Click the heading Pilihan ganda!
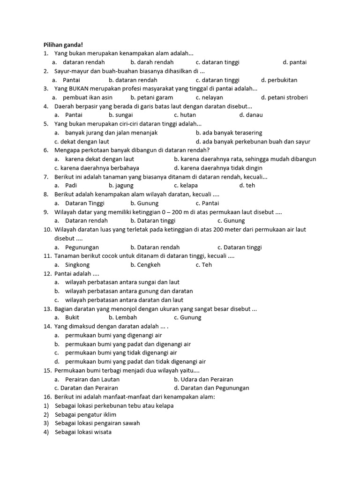click(x=63, y=45)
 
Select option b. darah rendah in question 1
click(x=152, y=62)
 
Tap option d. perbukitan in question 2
click(x=279, y=80)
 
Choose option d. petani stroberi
click(x=284, y=97)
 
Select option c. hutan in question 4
click(x=185, y=115)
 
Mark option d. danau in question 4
click(x=251, y=115)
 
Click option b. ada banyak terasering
click(x=229, y=133)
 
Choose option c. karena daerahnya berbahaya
click(x=97, y=168)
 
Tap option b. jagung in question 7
click(x=121, y=186)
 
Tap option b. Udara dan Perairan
click(x=203, y=379)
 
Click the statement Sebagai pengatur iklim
click(x=85, y=415)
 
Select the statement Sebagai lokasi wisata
click(x=83, y=432)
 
